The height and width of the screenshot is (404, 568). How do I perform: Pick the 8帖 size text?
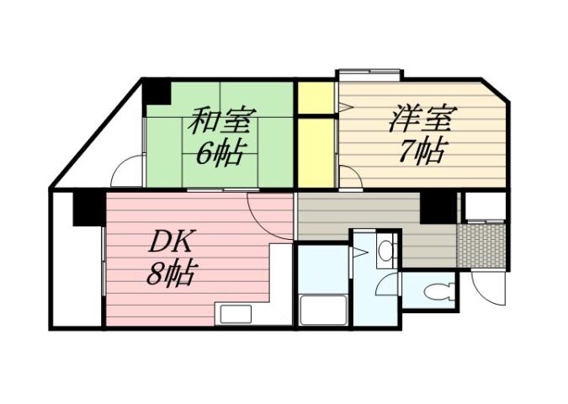(172, 274)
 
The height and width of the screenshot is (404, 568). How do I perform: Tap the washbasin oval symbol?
(385, 250)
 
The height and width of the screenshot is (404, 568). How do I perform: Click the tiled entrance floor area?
(480, 245)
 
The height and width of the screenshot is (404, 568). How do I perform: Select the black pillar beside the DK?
(87, 208)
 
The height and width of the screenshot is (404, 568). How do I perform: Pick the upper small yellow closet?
(316, 98)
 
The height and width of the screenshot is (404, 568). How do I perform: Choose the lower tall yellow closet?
(316, 152)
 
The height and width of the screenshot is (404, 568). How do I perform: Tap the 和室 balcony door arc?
(126, 173)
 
